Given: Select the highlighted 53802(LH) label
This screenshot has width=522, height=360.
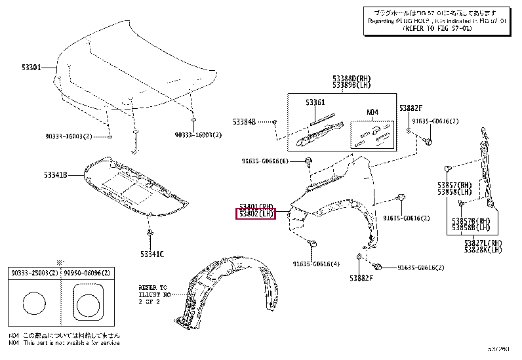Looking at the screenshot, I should [256, 214].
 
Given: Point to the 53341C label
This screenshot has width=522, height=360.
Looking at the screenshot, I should [151, 253].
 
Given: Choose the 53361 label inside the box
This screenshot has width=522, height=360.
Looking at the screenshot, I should [315, 103].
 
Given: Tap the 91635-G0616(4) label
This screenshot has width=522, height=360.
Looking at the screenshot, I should [317, 264].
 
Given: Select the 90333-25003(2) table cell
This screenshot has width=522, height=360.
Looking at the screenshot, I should [34, 271].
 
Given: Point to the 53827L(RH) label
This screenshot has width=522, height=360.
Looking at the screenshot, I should [483, 243].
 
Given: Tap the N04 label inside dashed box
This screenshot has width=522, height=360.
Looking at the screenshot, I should [372, 112].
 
